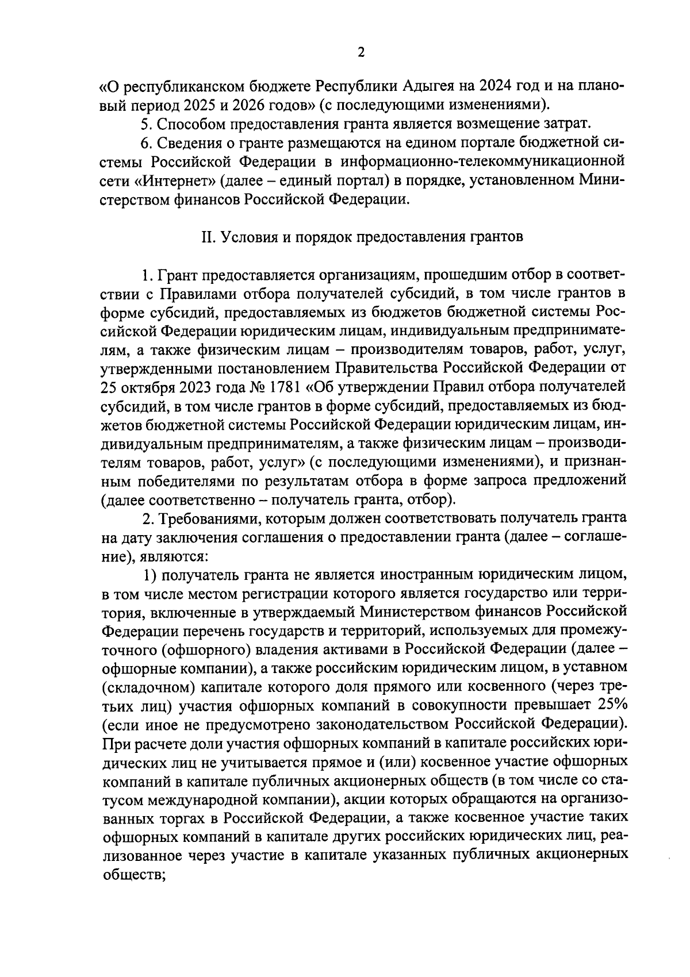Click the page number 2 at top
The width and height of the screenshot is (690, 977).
361,53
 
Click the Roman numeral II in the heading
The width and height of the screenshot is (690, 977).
208,238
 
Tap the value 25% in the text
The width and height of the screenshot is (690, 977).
611,706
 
